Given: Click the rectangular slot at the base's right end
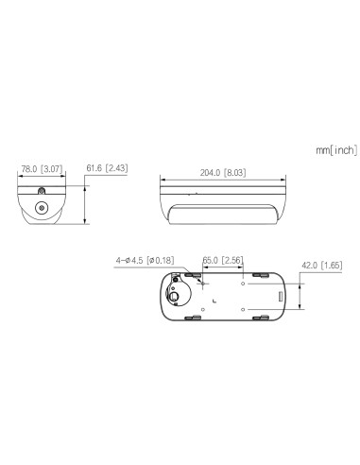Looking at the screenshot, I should pos(280,297).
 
